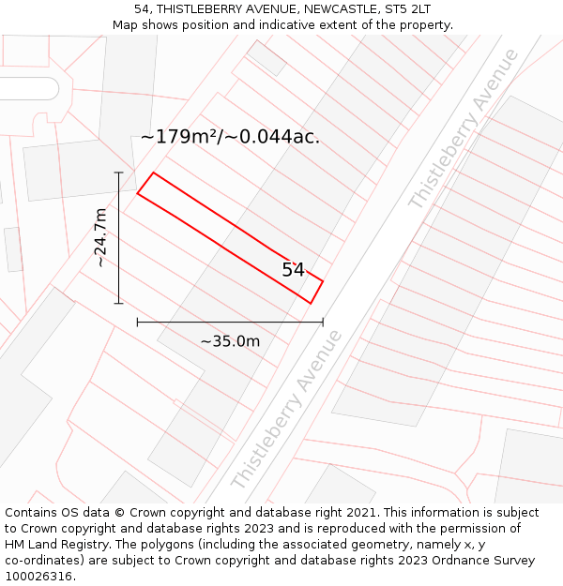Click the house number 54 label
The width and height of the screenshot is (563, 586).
click(294, 270)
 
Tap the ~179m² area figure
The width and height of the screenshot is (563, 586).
click(180, 137)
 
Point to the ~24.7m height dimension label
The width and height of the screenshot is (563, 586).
click(100, 238)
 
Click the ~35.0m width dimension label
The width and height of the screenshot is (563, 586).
click(230, 341)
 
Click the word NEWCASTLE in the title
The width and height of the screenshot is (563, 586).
click(322, 8)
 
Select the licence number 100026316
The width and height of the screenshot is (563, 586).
click(39, 577)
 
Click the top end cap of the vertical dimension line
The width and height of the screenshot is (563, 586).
click(119, 173)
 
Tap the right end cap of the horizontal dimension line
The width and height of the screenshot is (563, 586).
click(323, 322)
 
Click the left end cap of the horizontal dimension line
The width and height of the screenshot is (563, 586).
click(138, 322)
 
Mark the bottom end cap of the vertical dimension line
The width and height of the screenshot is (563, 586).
click(119, 303)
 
